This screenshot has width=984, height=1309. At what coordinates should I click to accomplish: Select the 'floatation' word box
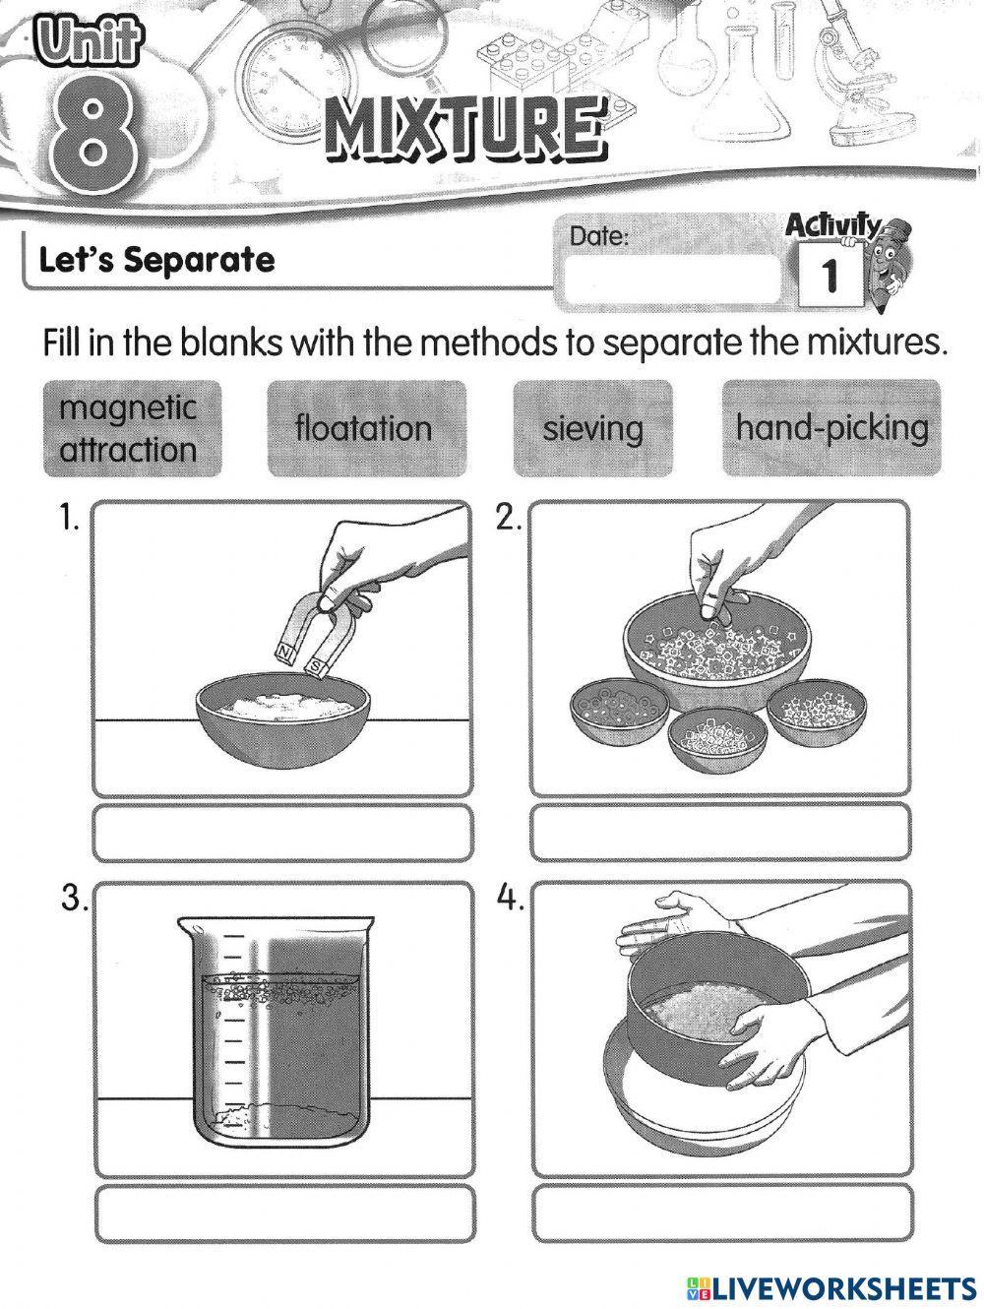(365, 429)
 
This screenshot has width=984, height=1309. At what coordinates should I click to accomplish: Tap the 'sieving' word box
(593, 429)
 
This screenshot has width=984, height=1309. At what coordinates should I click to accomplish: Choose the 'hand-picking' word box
(831, 429)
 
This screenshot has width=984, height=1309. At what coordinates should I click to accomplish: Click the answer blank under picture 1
(283, 832)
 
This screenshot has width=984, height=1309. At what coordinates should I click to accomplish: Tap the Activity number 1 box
(828, 275)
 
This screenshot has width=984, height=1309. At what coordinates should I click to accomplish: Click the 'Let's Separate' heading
(156, 261)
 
